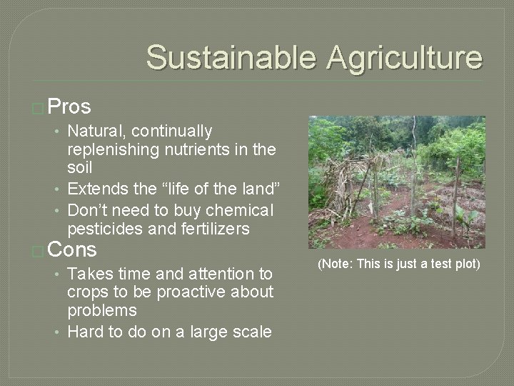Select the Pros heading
coord(71,107)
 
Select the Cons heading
coord(73,250)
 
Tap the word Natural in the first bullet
coord(96,132)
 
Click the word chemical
coord(236,211)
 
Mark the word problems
coord(102,310)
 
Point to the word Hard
coord(85,332)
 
